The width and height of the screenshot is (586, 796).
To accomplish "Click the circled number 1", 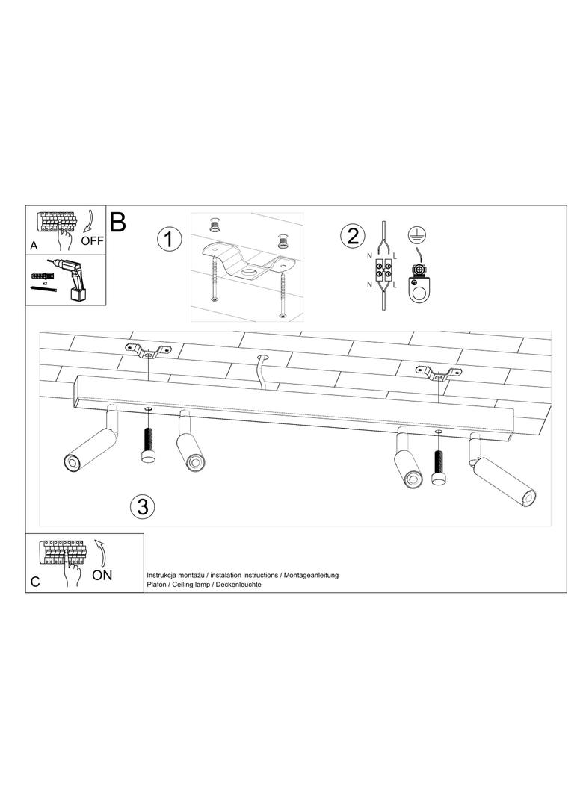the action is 169,239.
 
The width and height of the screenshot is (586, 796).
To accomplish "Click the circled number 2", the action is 353,236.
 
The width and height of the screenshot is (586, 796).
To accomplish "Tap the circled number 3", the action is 142,506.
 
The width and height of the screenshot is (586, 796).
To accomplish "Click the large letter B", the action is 117,222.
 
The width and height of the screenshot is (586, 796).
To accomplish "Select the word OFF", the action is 92,241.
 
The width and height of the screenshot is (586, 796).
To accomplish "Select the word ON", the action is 102,575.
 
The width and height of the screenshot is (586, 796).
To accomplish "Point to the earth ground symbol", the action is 417,234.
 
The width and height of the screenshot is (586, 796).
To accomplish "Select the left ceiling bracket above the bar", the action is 149,350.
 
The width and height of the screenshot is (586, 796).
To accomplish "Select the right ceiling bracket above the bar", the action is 438,373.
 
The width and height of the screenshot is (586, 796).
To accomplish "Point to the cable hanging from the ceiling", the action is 262,372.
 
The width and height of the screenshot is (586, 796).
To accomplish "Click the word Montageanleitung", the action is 311,575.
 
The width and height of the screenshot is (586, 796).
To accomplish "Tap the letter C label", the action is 35,582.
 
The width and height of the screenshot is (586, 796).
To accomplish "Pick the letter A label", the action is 34,246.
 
